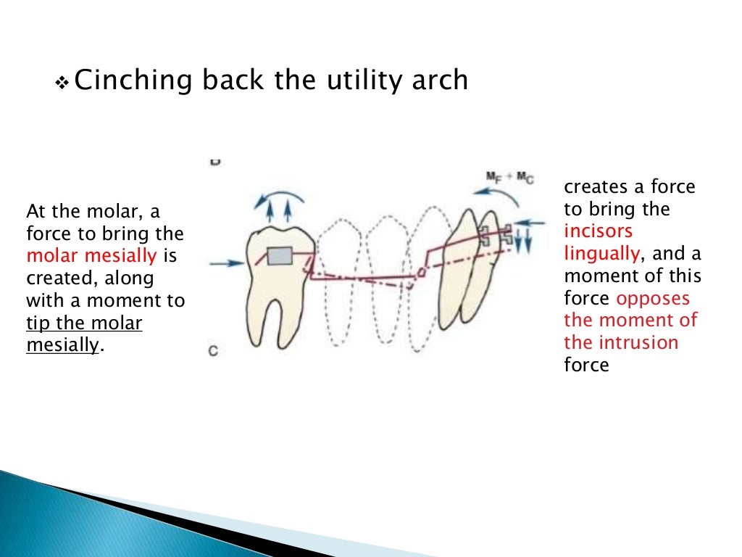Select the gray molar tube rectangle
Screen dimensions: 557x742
280,257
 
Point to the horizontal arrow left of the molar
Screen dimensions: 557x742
226,264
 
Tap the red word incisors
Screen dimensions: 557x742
599,231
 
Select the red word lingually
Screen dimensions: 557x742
601,253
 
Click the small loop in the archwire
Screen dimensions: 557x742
420,272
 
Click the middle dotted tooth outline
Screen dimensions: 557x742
384,283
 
